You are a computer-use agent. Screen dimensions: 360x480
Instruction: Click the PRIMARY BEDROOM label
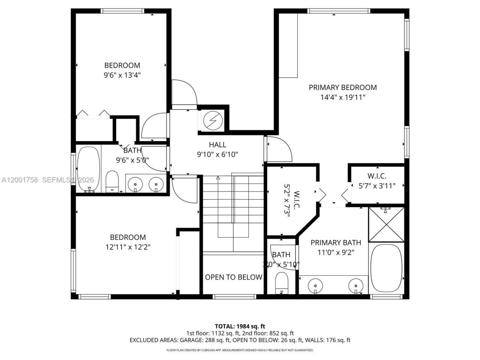pos(342,87)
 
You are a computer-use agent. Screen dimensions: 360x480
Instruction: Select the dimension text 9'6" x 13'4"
pos(122,75)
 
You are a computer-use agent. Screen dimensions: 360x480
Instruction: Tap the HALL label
pos(217,144)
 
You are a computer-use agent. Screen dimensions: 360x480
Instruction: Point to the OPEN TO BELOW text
pos(233,277)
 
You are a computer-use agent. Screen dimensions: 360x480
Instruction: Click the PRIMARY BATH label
pos(336,243)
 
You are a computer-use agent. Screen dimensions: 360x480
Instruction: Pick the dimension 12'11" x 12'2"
pos(128,247)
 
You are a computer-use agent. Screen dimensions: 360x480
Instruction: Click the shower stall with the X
pos(386,224)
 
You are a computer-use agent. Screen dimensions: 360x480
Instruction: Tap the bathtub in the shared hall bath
pos(88,169)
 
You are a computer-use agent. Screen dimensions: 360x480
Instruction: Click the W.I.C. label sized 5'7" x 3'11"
pos(377,176)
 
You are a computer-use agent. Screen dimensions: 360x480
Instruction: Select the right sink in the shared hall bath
pos(156,184)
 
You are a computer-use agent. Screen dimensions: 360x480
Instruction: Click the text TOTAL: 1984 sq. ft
pos(240,326)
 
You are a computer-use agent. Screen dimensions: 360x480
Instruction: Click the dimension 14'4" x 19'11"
pos(342,97)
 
